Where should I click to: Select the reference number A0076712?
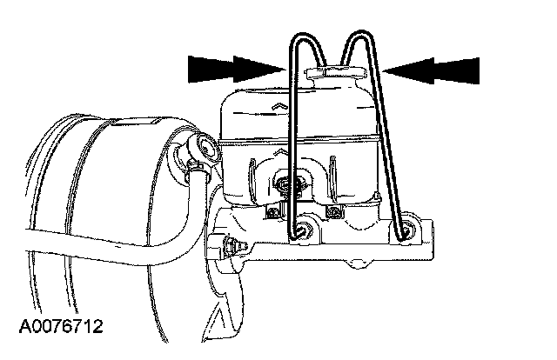coord(61,327)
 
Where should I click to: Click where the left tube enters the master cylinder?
coord(300,231)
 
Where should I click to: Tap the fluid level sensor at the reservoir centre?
coord(286,183)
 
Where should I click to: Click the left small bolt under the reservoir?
coord(273,210)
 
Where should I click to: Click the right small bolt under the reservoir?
coord(332,210)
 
